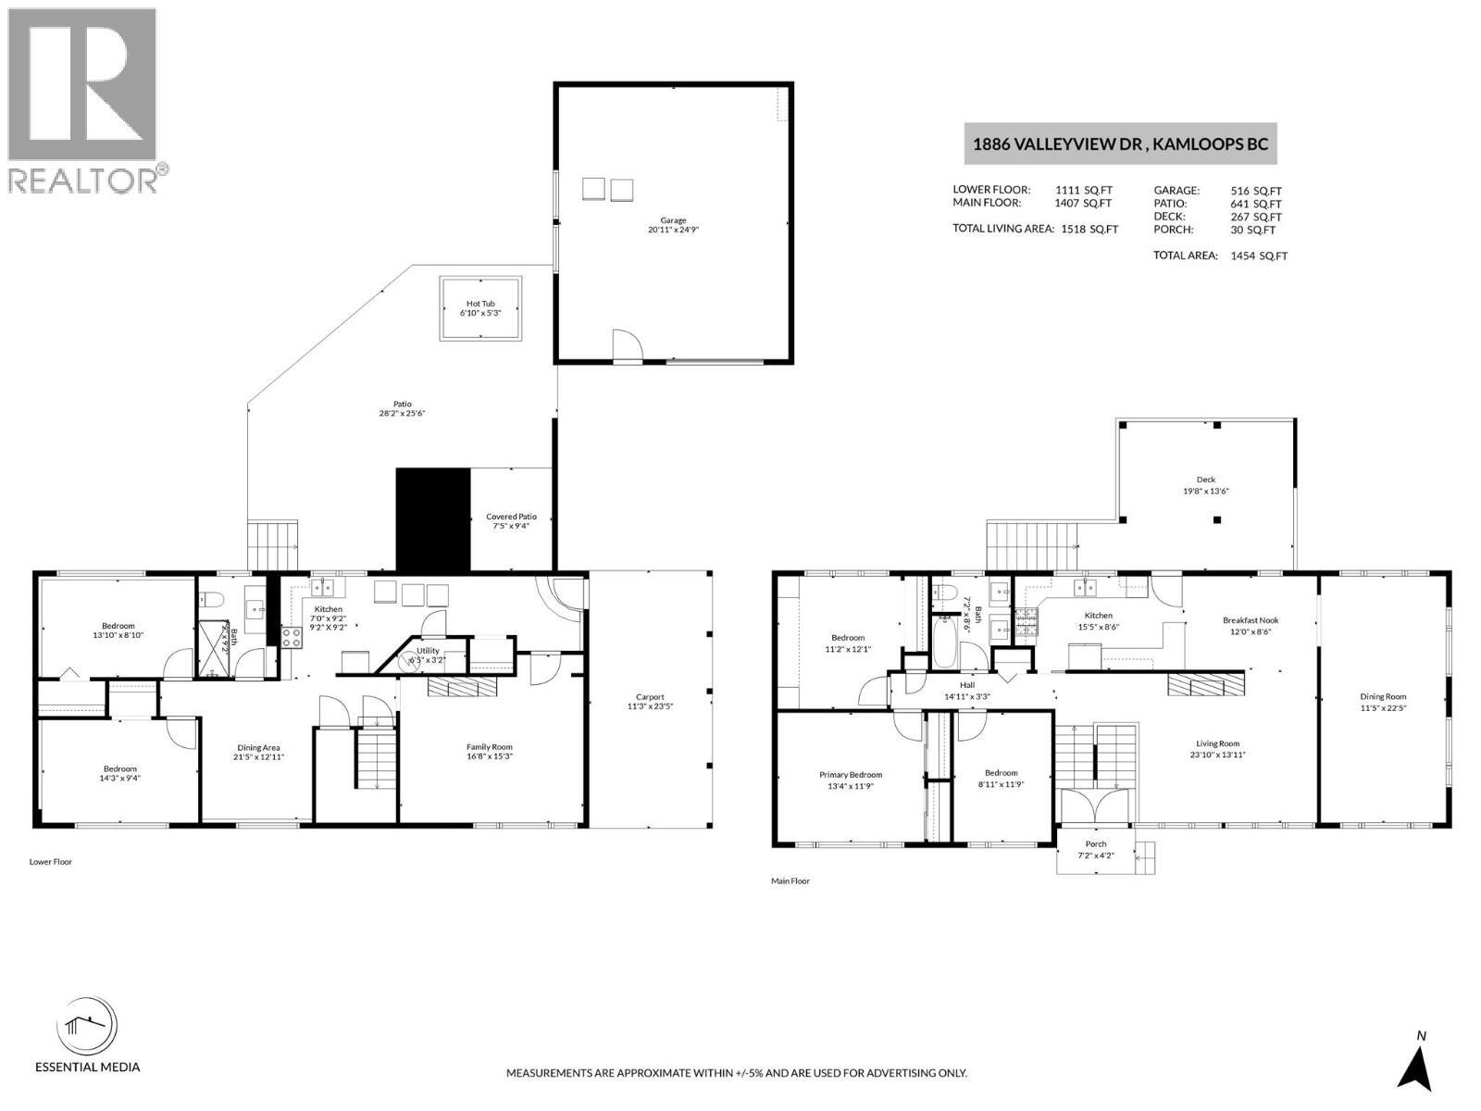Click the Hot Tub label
480,304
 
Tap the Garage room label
673,220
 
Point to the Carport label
650,697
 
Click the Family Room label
490,747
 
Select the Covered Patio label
511,518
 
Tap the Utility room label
428,651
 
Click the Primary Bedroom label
850,775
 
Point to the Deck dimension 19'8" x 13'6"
1205,492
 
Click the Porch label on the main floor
1096,844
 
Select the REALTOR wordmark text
83,180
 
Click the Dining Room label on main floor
1383,697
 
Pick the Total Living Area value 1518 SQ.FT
1089,229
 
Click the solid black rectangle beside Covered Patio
433,518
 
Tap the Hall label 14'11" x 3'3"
966,685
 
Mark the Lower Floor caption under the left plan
50,862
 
